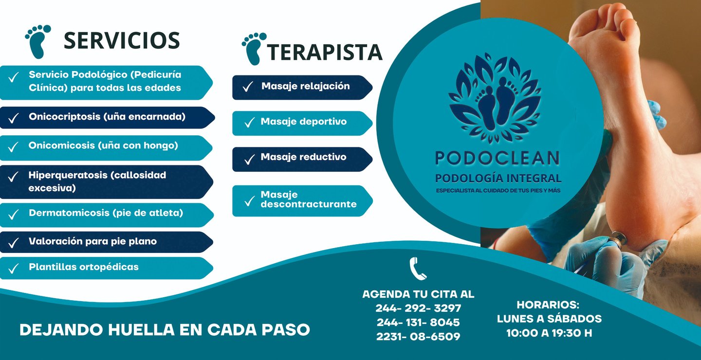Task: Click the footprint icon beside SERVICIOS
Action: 37,41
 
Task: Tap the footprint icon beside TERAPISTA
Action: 254,49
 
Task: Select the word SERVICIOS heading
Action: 122,41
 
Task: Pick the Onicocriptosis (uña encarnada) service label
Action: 107,117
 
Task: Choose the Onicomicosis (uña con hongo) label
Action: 103,145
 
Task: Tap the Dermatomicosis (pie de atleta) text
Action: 106,213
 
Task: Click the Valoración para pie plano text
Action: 92,241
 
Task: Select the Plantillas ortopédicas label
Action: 84,267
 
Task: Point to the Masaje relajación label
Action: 305,86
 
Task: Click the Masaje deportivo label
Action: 303,122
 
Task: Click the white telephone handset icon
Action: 418,268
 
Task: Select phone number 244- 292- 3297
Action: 418,308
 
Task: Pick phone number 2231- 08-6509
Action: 418,337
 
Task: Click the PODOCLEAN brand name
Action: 497,158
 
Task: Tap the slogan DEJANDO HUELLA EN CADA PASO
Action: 165,330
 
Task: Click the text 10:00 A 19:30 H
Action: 549,334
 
